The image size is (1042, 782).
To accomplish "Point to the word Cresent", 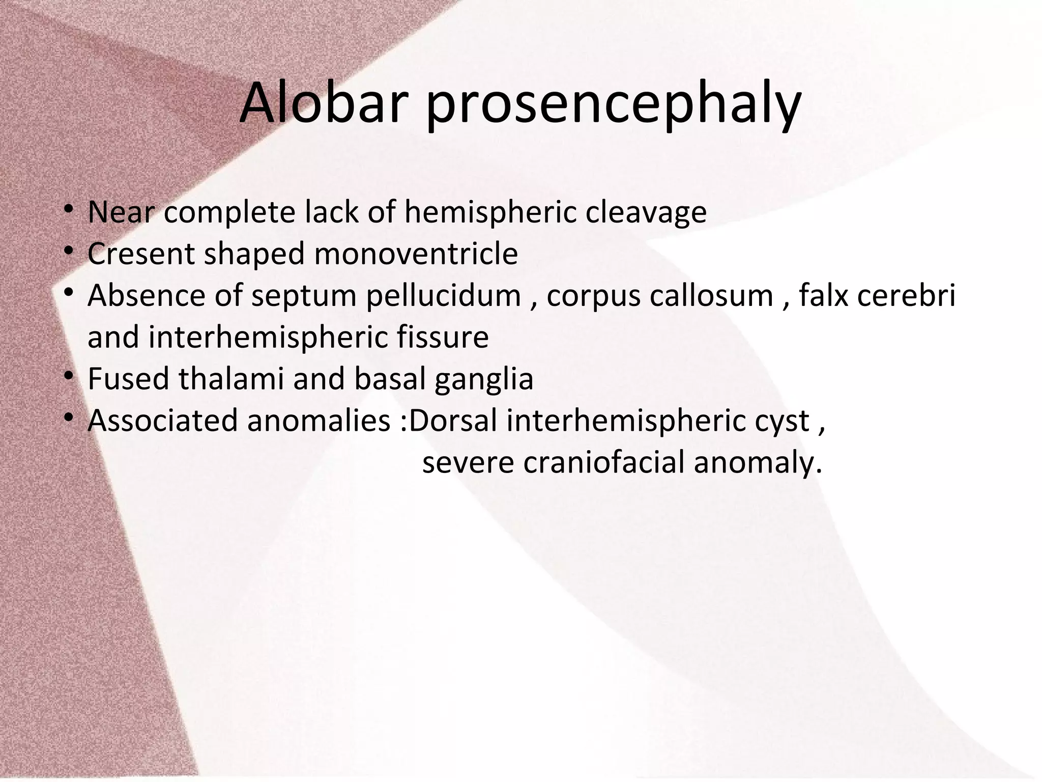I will click(140, 254).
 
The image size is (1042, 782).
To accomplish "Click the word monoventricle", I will click(416, 254).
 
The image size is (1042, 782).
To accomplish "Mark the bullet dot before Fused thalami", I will click(70, 377).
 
